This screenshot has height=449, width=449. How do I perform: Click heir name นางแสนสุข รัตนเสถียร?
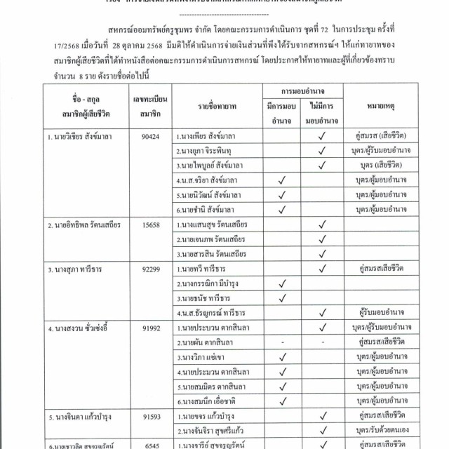click(217, 225)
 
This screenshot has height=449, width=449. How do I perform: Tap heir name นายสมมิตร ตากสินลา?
click(215, 387)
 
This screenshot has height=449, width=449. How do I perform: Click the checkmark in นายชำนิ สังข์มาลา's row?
click(281, 208)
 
